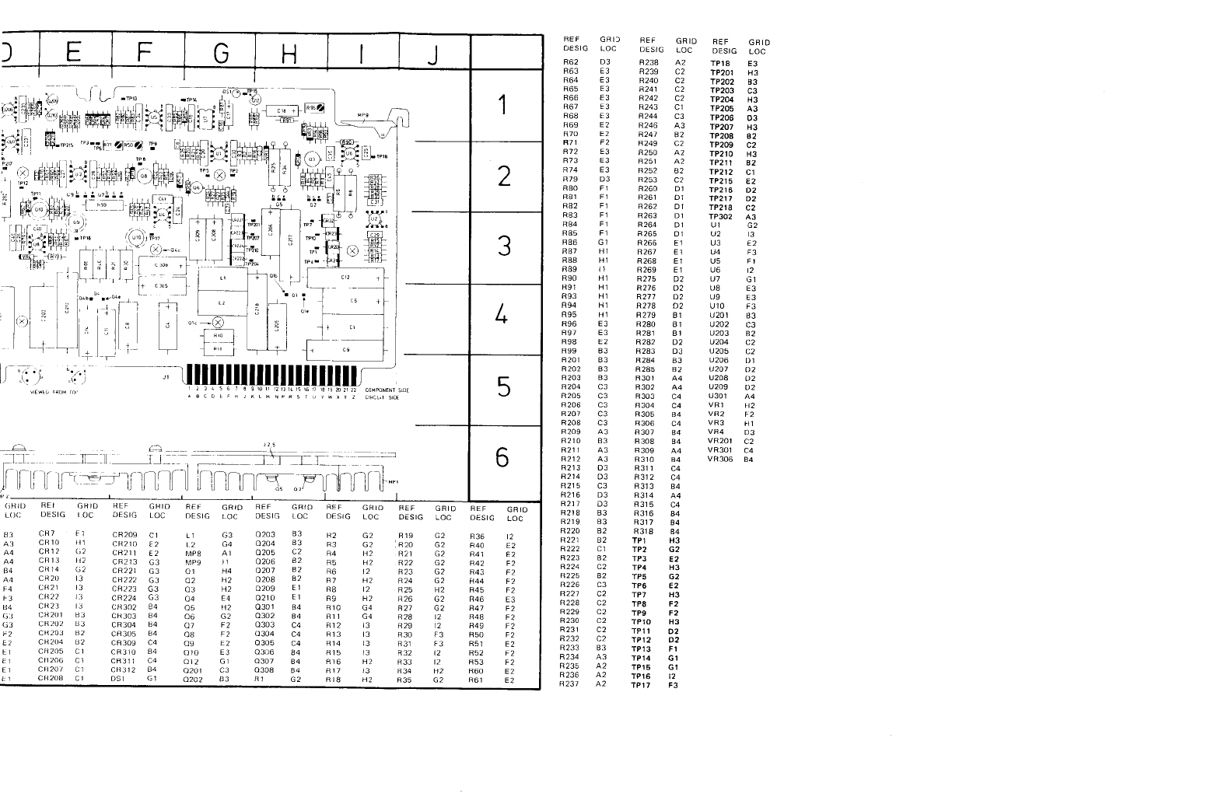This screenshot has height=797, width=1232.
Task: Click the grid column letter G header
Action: tap(222, 53)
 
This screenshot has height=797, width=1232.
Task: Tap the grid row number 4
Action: tap(503, 315)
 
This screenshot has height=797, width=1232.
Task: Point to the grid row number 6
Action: tap(503, 458)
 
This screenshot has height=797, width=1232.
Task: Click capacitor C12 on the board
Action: tap(346, 278)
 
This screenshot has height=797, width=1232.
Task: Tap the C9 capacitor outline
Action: tap(346, 350)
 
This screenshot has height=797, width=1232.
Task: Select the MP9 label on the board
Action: tap(362, 116)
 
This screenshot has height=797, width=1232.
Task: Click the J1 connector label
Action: tap(166, 377)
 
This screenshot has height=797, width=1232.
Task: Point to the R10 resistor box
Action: tap(219, 336)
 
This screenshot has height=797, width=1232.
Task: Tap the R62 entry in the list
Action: tap(571, 61)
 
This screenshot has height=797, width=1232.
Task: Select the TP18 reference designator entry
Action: tap(720, 64)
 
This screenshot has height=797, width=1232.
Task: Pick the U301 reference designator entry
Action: tap(719, 396)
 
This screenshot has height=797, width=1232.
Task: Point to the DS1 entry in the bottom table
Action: tap(121, 679)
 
